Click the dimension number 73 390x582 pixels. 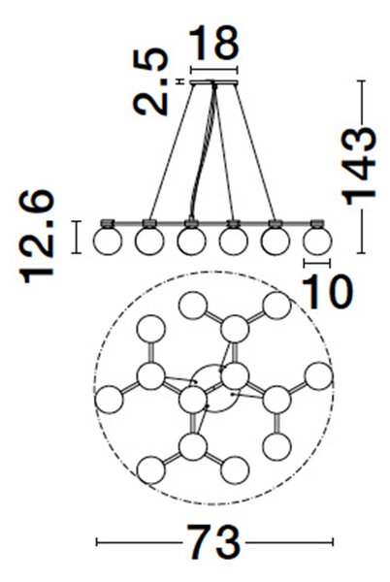click(x=213, y=541)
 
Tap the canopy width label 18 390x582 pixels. click(x=213, y=43)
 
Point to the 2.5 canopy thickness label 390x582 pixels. click(x=151, y=81)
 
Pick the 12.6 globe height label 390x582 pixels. click(x=37, y=237)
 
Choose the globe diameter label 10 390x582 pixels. click(x=327, y=292)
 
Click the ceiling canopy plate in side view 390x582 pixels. click(x=213, y=82)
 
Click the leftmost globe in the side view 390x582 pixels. click(x=108, y=241)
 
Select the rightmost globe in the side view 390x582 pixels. click(x=317, y=241)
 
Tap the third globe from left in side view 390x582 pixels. click(x=191, y=241)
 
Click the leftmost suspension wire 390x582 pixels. click(x=172, y=151)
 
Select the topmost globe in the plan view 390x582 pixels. click(x=193, y=306)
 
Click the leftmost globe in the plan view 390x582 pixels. click(x=109, y=399)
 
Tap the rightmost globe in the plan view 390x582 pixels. click(x=318, y=376)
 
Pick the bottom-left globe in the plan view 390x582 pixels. click(x=150, y=469)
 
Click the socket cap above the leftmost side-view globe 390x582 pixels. click(x=108, y=223)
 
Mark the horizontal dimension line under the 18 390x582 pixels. click(x=213, y=70)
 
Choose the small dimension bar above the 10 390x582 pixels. click(x=317, y=263)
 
